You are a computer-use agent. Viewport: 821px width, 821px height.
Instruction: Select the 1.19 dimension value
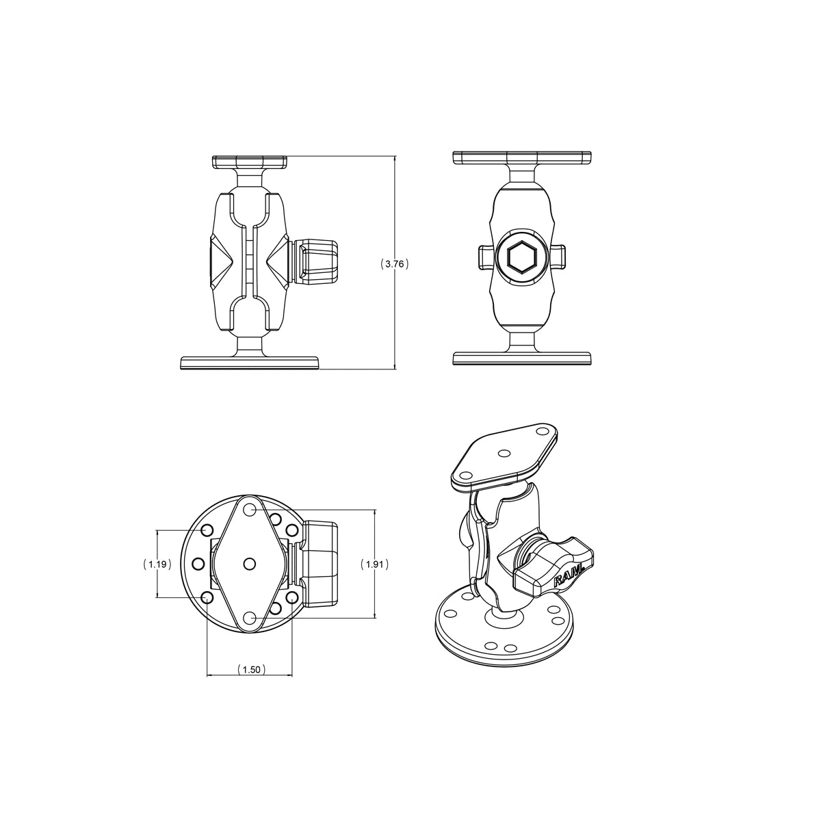point(157,564)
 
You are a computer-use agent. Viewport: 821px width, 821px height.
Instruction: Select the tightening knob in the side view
point(316,263)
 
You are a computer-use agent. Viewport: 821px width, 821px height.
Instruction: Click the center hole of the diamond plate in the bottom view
point(249,562)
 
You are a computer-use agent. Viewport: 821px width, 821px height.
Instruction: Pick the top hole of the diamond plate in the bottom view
point(249,509)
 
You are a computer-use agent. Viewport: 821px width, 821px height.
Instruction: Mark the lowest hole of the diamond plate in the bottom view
point(249,617)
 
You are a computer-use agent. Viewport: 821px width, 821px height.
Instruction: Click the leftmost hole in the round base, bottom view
point(198,564)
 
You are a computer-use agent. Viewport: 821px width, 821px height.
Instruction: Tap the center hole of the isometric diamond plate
point(504,453)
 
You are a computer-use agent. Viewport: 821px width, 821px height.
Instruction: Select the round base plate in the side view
point(249,362)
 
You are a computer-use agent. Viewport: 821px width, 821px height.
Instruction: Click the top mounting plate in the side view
point(249,163)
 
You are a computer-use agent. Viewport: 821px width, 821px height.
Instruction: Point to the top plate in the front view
point(521,158)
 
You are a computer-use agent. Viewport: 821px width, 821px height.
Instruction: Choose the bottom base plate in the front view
point(521,359)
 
